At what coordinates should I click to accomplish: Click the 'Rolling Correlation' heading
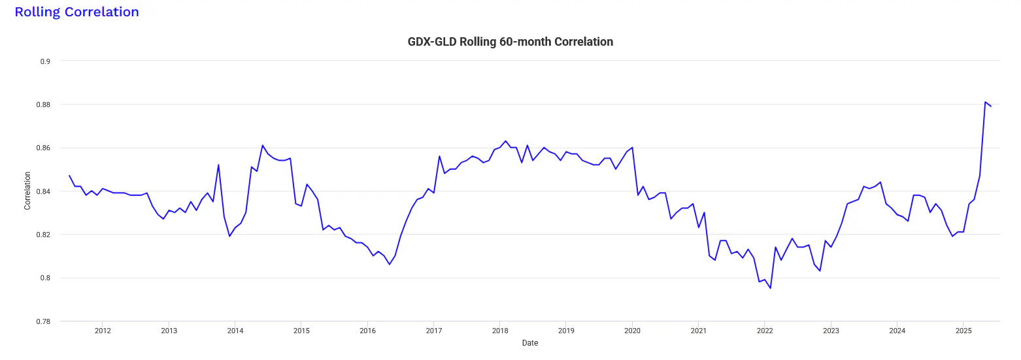point(76,12)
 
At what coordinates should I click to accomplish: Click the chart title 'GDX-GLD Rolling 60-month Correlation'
point(510,42)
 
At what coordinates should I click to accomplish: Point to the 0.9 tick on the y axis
point(46,61)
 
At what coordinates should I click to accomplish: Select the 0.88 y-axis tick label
point(43,105)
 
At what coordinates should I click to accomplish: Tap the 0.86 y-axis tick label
point(43,148)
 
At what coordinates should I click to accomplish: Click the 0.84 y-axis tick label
point(43,191)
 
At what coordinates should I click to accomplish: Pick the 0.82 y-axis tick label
point(43,235)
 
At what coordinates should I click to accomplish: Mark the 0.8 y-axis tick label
point(46,278)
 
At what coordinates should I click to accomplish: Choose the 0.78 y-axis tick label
point(43,321)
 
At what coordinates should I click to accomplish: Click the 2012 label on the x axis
point(103,331)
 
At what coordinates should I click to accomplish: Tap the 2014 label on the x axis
point(235,331)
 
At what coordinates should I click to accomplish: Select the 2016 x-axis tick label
point(367,331)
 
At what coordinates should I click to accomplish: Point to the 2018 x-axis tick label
point(500,331)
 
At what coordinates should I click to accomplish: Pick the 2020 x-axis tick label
point(632,331)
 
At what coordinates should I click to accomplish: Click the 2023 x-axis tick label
point(831,331)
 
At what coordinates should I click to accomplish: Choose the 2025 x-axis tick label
point(963,331)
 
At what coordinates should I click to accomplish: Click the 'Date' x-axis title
point(530,343)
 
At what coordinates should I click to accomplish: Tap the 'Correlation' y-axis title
point(27,191)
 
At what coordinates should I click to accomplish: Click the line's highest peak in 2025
point(985,102)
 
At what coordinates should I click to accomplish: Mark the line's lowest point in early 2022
point(770,288)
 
